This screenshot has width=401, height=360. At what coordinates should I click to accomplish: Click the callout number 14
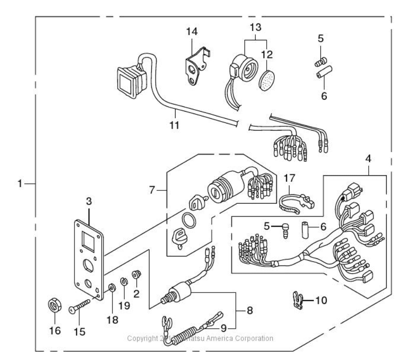pyautogui.click(x=192, y=32)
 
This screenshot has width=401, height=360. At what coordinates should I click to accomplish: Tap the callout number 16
pyautogui.click(x=55, y=331)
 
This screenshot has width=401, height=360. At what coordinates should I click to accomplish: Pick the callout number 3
pyautogui.click(x=89, y=202)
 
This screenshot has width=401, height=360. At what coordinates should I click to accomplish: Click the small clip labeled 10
pyautogui.click(x=297, y=300)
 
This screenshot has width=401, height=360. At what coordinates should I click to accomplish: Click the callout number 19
pyautogui.click(x=124, y=306)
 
